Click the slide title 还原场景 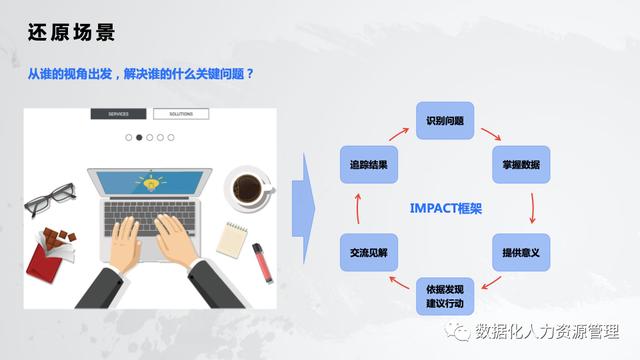pyautogui.click(x=71, y=32)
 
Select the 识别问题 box pyautogui.click(x=444, y=120)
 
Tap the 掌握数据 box pyautogui.click(x=521, y=164)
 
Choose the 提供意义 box pyautogui.click(x=521, y=252)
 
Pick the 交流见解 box pyautogui.click(x=368, y=252)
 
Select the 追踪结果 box pyautogui.click(x=368, y=164)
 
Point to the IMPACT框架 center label pyautogui.click(x=446, y=208)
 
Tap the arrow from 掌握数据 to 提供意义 pyautogui.click(x=532, y=208)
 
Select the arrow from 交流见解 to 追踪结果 pyautogui.click(x=357, y=208)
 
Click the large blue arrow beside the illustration pyautogui.click(x=304, y=208)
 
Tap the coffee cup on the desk pyautogui.click(x=246, y=187)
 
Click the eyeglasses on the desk pyautogui.click(x=50, y=198)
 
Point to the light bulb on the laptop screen pyautogui.click(x=152, y=183)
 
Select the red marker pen pyautogui.click(x=261, y=263)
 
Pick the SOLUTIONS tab pyautogui.click(x=181, y=114)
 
